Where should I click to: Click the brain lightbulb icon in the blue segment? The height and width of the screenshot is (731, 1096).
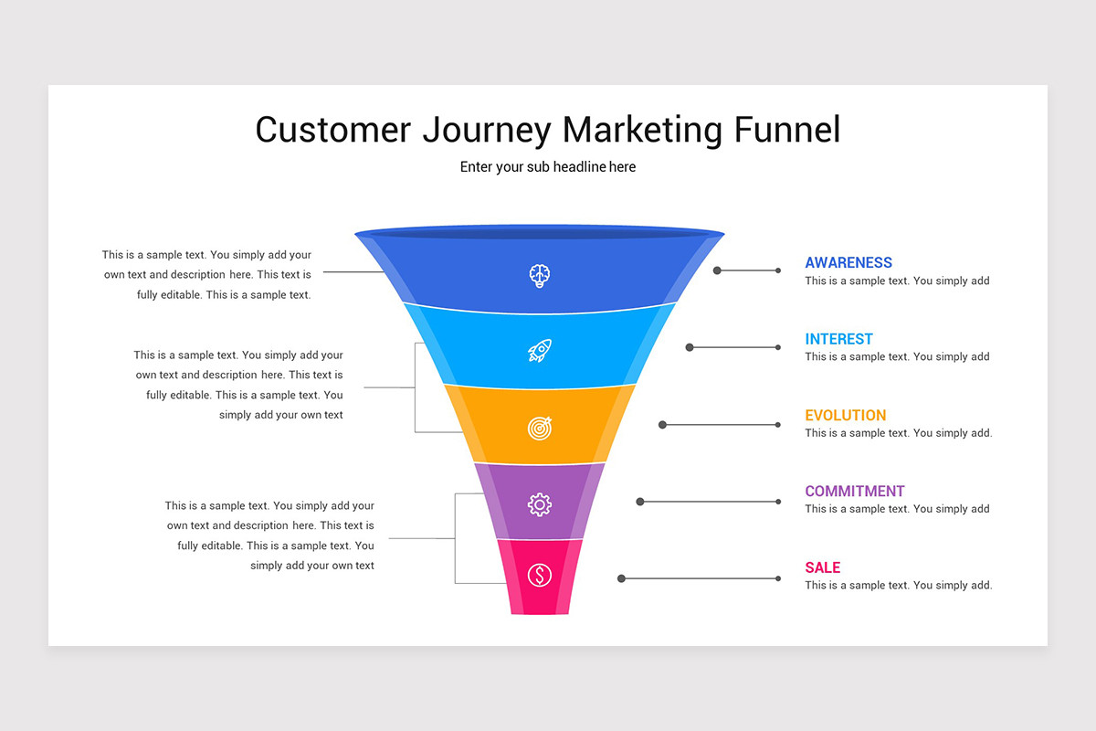540,275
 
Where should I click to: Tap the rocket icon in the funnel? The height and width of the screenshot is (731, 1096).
540,350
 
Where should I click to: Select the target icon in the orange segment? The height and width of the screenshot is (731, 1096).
540,427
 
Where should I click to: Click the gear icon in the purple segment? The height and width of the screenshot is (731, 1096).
540,503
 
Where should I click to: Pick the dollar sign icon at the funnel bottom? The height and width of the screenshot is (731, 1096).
540,575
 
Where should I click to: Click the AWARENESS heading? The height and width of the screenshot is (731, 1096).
848,263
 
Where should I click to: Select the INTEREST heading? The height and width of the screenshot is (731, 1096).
838,339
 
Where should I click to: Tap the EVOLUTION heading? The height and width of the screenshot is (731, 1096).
845,415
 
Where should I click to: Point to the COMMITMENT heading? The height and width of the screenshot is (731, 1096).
855,492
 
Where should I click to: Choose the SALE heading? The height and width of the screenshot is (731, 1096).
822,567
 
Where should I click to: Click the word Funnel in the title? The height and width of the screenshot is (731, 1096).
786,130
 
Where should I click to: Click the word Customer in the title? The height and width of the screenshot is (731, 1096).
333,130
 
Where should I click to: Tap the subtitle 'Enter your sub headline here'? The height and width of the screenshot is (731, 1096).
548,167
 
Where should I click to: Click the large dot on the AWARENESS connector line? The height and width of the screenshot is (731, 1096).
718,270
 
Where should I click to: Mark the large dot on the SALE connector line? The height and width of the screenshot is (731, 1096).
621,578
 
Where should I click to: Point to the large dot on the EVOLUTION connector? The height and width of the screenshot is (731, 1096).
663,425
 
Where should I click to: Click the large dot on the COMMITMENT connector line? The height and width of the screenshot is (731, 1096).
640,502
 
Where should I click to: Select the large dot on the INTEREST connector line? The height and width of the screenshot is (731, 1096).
690,347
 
